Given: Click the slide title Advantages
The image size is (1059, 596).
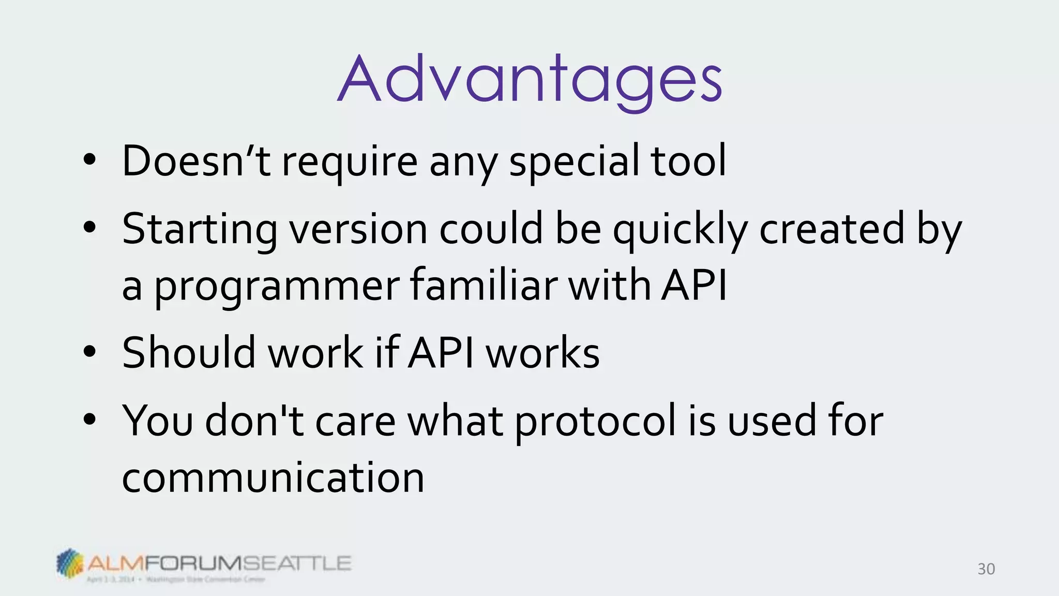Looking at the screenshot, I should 529,80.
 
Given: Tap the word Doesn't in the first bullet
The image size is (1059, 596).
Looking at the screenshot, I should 196,161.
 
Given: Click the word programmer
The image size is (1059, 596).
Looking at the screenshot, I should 276,286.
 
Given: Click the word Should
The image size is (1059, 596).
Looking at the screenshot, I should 189,353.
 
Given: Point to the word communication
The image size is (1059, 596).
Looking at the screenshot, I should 273,478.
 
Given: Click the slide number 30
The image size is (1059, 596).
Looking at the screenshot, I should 986,569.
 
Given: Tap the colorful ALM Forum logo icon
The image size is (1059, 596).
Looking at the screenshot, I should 70,562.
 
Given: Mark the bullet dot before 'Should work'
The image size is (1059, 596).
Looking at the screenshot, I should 89,352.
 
